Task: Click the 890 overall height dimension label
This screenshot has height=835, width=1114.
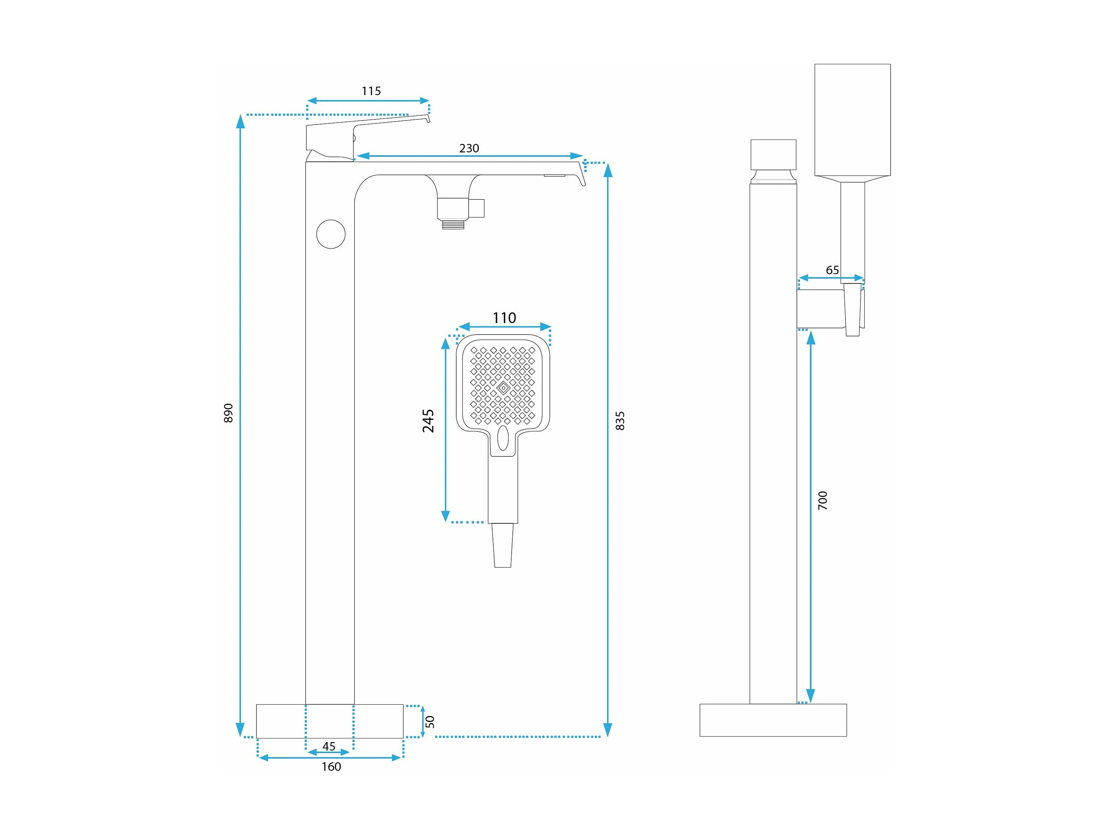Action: [x=228, y=413]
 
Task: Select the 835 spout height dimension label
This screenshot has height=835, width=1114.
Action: [x=620, y=420]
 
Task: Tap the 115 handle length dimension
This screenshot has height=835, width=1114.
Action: [x=371, y=91]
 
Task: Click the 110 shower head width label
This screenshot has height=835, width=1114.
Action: [x=504, y=318]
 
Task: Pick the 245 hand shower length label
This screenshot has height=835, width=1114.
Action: [x=428, y=421]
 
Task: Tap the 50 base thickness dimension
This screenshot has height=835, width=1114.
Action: [x=430, y=721]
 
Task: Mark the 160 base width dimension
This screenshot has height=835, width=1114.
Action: [x=331, y=766]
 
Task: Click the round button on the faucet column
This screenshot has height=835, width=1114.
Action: [x=331, y=234]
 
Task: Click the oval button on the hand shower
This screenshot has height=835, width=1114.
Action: [x=502, y=438]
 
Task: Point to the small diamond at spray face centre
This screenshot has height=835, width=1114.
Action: [x=503, y=388]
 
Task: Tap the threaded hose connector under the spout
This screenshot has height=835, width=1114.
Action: [x=453, y=224]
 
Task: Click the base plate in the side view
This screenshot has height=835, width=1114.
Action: [x=773, y=720]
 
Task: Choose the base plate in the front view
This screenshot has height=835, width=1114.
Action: [x=330, y=721]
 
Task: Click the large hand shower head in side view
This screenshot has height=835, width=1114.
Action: [x=852, y=119]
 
